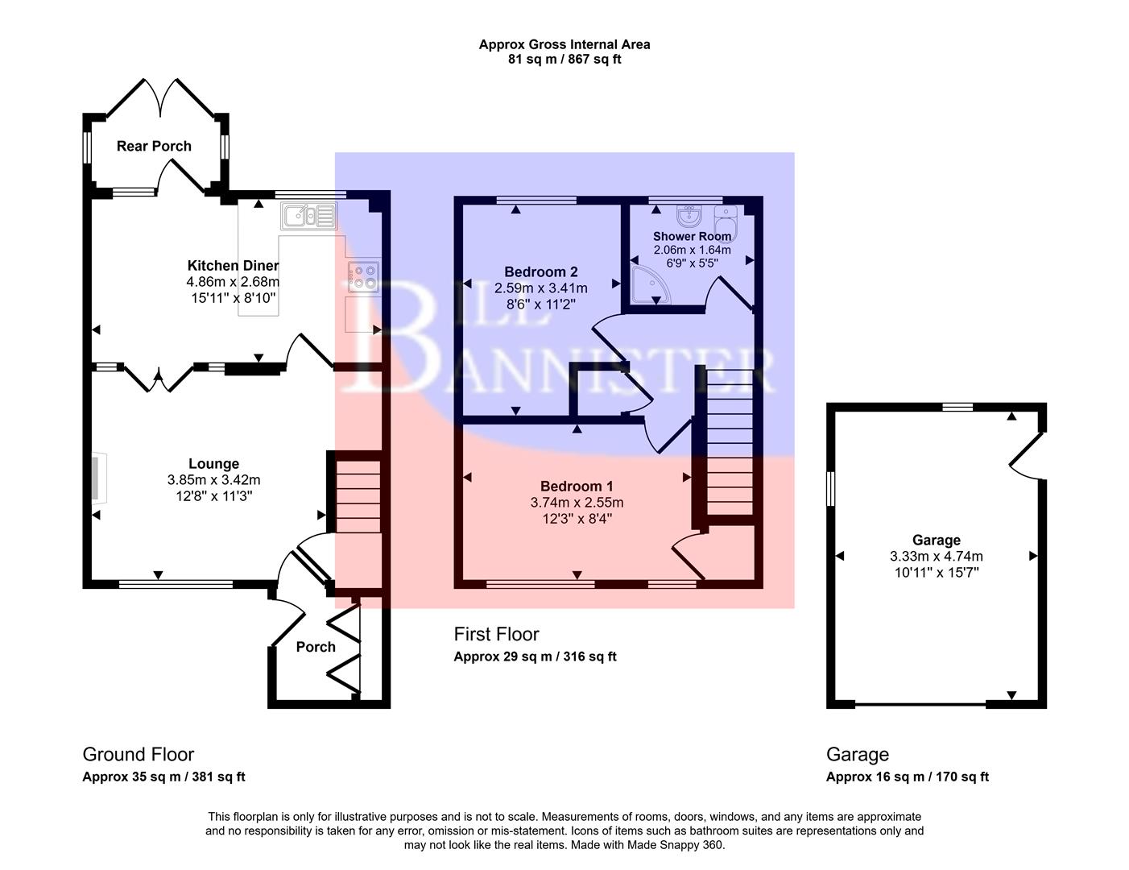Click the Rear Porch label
coord(154,146)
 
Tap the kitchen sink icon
coord(308,216)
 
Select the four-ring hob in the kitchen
coord(362,276)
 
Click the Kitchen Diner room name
coord(233,266)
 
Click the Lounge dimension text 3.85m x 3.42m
coord(213,480)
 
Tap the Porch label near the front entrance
coord(315,647)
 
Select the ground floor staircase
coord(357,495)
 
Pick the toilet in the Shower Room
coord(726,220)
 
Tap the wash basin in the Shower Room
coord(689,217)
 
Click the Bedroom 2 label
coord(540,272)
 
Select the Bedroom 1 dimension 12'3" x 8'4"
coord(577,519)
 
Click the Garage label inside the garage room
coord(936,541)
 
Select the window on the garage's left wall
coord(831,489)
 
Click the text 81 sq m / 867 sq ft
coord(564,59)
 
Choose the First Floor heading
coord(496,635)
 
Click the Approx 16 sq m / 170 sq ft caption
coord(907,777)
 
